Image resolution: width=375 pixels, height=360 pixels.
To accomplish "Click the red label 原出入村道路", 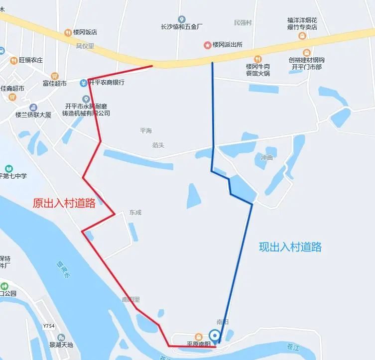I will pos(64,203).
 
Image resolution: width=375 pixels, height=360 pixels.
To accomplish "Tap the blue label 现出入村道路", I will pos(290,246).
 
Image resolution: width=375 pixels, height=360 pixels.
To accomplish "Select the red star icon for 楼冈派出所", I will pos(207,45).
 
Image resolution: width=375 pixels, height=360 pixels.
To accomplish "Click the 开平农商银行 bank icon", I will pos(84,83).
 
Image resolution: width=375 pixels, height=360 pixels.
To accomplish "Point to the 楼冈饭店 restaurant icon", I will pos(68,33).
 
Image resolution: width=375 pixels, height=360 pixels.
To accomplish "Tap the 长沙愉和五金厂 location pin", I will pos(181,19).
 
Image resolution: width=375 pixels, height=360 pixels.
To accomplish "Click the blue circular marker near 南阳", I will pos(215,335).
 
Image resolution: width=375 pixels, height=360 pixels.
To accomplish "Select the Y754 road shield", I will pos(48,326).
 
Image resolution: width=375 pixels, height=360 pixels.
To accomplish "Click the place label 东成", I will pos(135,213).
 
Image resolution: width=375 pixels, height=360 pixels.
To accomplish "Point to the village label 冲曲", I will pos(267,158).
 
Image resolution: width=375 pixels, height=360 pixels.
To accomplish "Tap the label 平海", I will pos(145,131).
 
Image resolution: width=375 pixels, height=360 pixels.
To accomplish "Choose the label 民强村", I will pos(243,23).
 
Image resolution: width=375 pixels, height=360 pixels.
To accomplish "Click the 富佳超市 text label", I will pos(54,83).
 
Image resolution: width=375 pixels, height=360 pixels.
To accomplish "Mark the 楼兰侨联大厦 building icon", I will pos(33,108).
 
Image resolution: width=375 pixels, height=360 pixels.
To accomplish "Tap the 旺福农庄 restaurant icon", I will pos(14,60).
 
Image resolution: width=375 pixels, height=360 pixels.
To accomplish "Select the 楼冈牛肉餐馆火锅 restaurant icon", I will pos(257,59).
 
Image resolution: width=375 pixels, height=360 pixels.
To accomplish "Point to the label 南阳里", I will pos(131,300).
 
